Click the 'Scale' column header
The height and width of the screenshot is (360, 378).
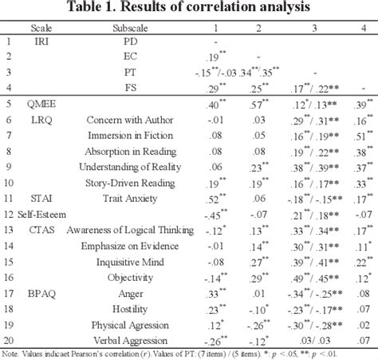pos(41,26)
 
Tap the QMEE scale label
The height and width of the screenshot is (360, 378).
pos(41,104)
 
